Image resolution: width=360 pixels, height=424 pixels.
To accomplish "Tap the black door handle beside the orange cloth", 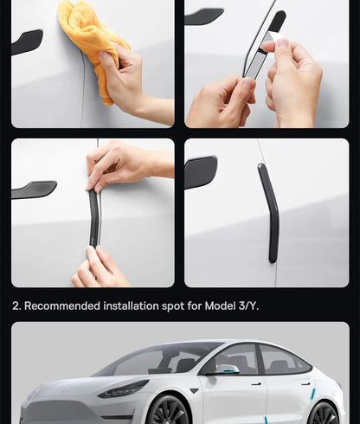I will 27,41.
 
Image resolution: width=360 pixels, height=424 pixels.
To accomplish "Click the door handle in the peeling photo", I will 204,16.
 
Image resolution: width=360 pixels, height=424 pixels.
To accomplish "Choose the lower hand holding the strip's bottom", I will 101,268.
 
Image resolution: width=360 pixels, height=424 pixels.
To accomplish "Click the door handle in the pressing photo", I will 35,190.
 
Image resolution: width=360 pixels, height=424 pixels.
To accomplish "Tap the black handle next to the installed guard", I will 201,171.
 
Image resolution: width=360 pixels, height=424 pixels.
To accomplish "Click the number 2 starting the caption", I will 16,306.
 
